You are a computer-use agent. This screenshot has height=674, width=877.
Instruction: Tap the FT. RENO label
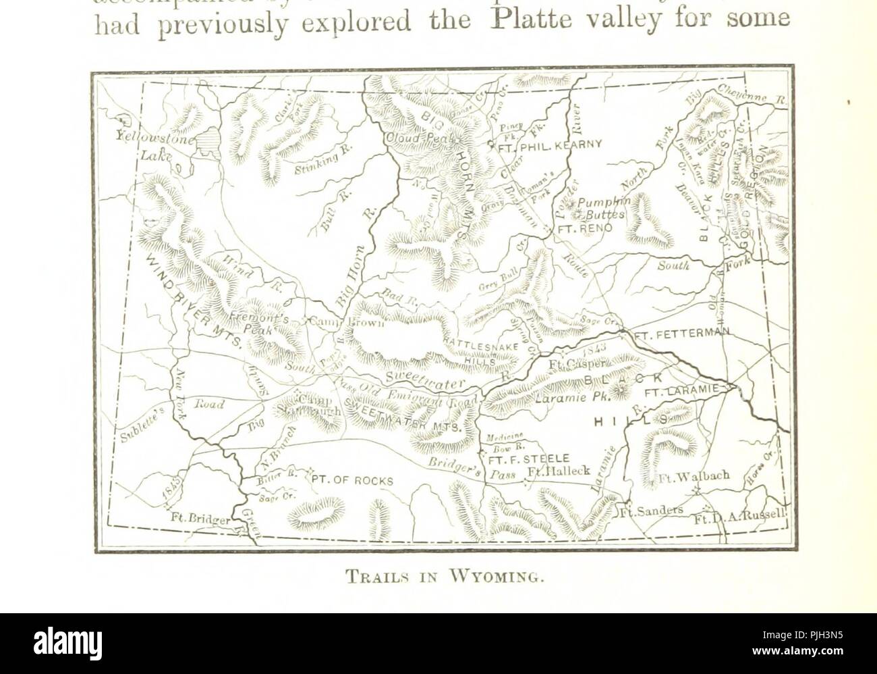[x=584, y=229]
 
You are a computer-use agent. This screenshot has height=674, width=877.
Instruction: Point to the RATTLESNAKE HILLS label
[x=484, y=351]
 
